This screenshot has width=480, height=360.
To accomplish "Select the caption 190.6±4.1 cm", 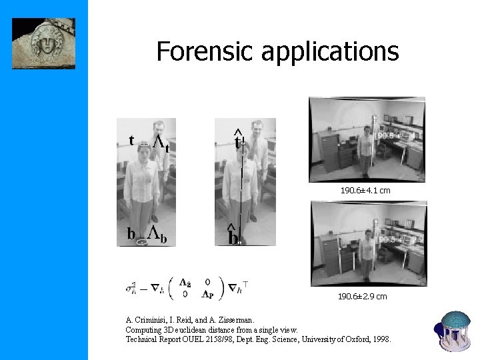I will point(365,191).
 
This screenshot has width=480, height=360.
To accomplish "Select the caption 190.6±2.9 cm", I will point(362,296).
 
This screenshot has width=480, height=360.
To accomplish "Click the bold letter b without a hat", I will point(131,233).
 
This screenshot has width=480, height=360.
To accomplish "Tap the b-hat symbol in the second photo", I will point(233,235).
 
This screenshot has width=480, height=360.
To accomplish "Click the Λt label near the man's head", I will point(161,143).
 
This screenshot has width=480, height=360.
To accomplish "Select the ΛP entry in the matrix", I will point(207,294).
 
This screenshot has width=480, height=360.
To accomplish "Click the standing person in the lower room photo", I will point(365,253).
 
